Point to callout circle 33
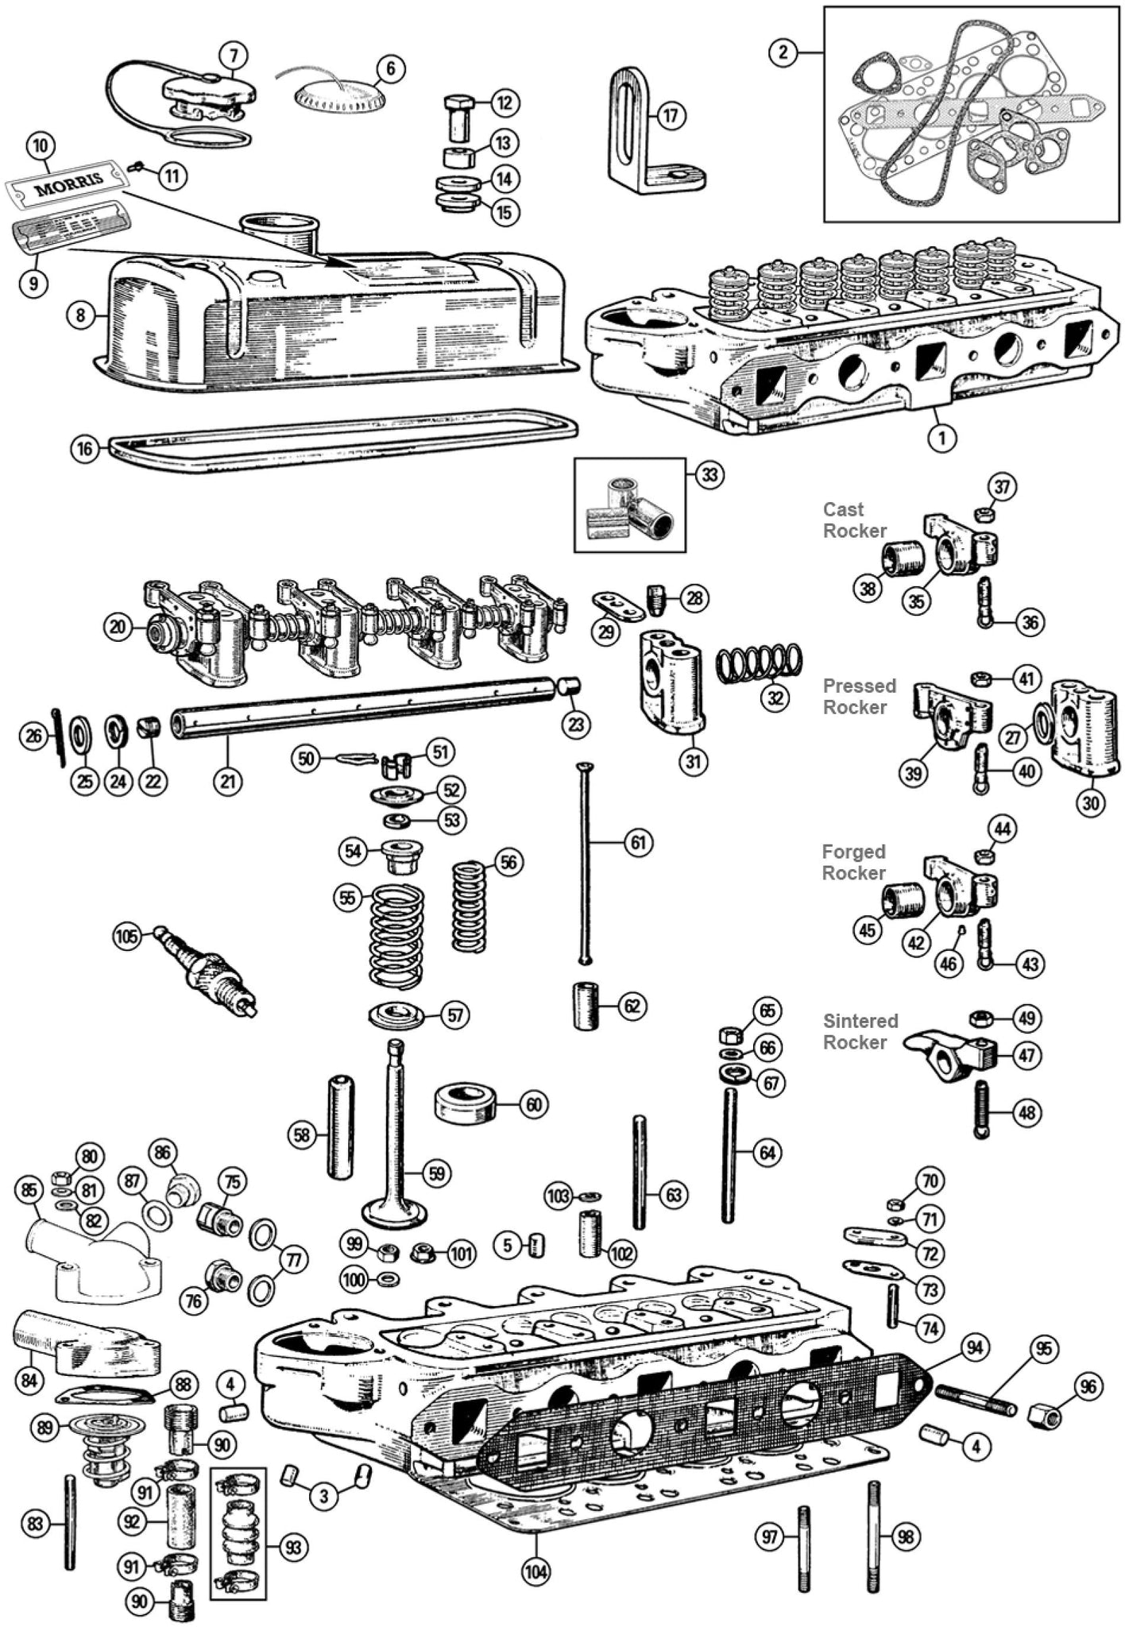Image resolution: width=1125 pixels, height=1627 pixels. click(709, 475)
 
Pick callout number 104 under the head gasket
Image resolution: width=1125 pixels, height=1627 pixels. click(536, 1571)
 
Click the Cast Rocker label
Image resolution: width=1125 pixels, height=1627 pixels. click(854, 520)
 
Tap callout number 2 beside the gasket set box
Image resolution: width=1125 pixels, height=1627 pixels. click(783, 52)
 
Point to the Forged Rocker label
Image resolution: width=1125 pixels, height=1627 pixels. click(853, 862)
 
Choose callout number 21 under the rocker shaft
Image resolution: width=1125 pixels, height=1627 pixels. click(228, 780)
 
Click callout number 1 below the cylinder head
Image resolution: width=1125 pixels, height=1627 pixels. click(941, 437)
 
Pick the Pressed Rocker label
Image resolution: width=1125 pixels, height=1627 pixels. click(859, 696)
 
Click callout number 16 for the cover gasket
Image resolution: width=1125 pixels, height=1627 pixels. click(84, 449)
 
